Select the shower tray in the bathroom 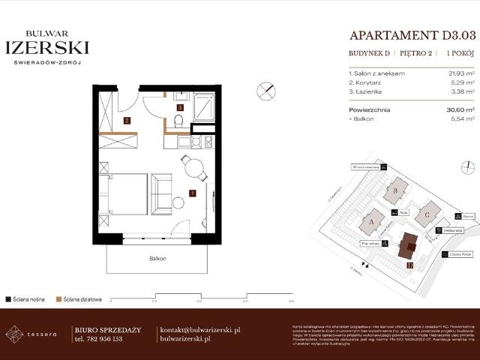click(203, 106)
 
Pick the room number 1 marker click(193, 193)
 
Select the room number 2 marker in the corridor click(127, 120)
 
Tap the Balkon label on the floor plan click(157, 258)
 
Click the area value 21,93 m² click(460, 73)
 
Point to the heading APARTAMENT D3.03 click(412, 34)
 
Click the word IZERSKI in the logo click(47, 47)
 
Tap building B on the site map click(395, 190)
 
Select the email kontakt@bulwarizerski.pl click(199, 329)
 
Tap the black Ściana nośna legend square click(7, 298)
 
